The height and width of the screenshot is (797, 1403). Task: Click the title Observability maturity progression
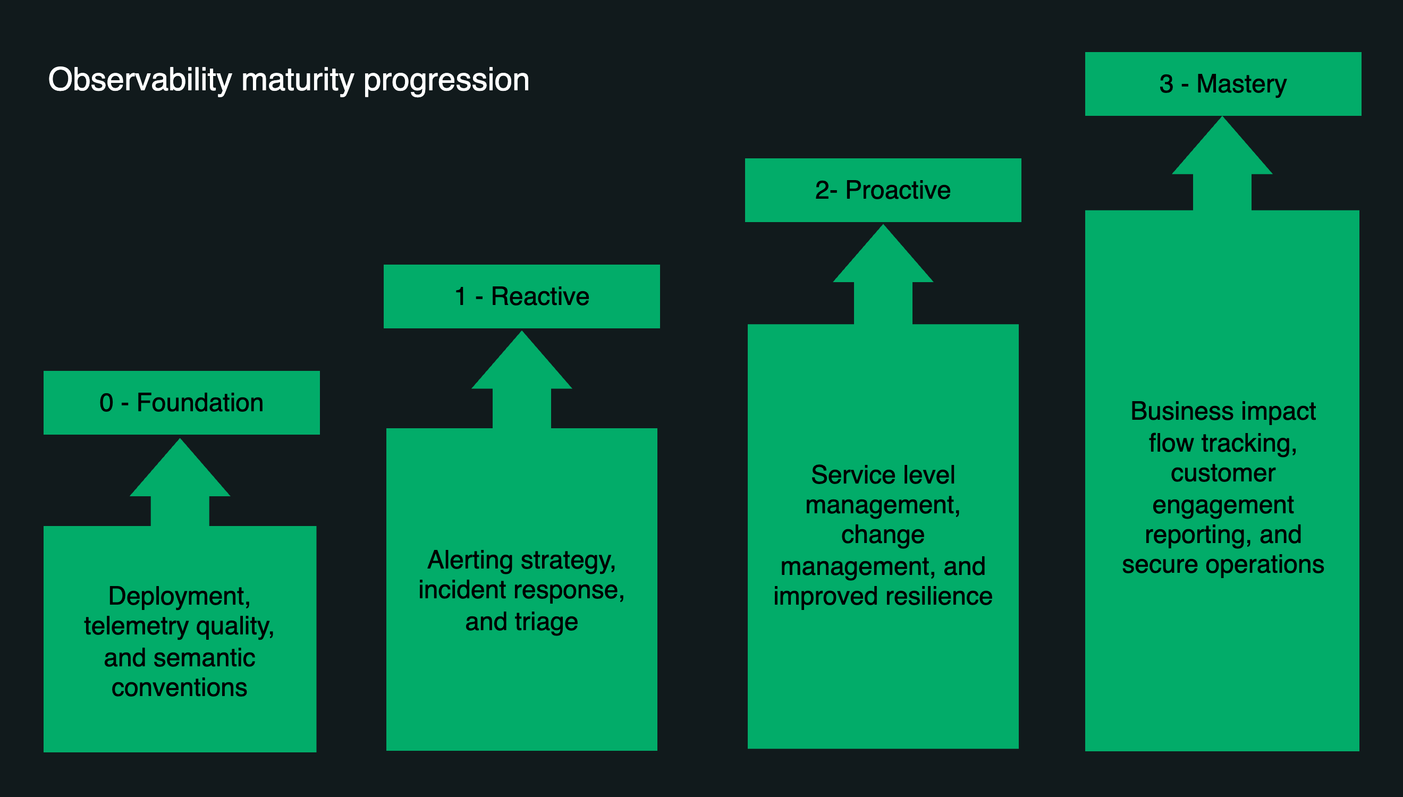pos(289,80)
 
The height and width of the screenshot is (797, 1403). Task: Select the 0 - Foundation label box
pos(181,403)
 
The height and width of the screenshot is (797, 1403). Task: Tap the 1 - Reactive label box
pos(521,296)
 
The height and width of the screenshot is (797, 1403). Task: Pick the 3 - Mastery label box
pos(1222,84)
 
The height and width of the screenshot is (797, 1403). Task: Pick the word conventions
pos(179,688)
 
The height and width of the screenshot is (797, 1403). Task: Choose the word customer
pos(1222,473)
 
